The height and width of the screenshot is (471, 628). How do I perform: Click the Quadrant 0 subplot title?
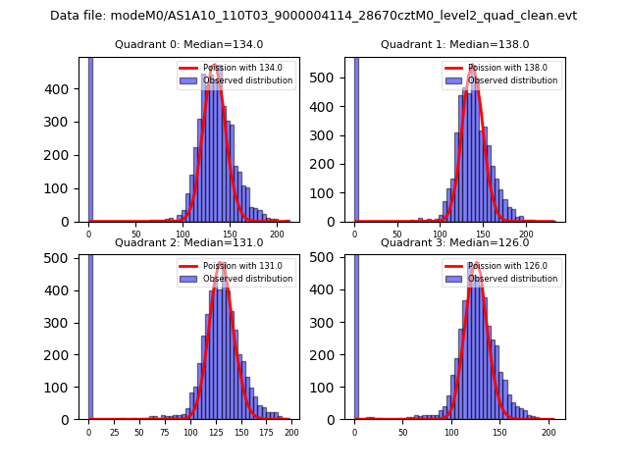[x=188, y=45]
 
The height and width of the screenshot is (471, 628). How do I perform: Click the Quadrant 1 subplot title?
[x=454, y=45]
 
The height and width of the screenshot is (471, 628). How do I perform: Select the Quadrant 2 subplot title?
[x=188, y=242]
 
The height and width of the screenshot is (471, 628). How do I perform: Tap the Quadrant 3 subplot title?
[x=454, y=242]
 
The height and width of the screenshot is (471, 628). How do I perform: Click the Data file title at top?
[x=313, y=16]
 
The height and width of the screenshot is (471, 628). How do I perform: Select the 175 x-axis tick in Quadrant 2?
[x=271, y=432]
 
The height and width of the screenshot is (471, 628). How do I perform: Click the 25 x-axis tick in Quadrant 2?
[x=114, y=432]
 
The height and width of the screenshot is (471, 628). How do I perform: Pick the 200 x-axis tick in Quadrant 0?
[x=278, y=234]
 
